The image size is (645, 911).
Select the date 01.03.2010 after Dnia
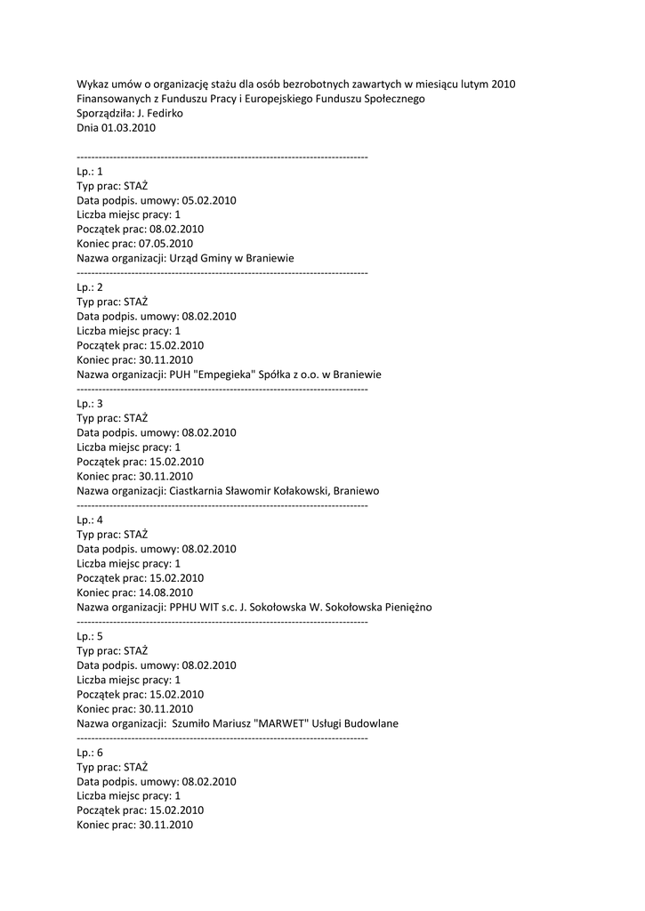coord(128,127)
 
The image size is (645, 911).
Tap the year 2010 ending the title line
coord(502,85)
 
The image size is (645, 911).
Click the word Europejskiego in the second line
coord(272,99)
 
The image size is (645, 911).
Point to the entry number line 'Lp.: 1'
coord(90,172)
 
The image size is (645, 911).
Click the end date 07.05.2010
coord(165,243)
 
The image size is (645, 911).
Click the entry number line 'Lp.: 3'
coord(90,404)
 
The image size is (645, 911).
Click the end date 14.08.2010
coord(165,592)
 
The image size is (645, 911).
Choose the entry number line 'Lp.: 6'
coord(90,752)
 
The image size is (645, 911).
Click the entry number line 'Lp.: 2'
coord(90,287)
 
